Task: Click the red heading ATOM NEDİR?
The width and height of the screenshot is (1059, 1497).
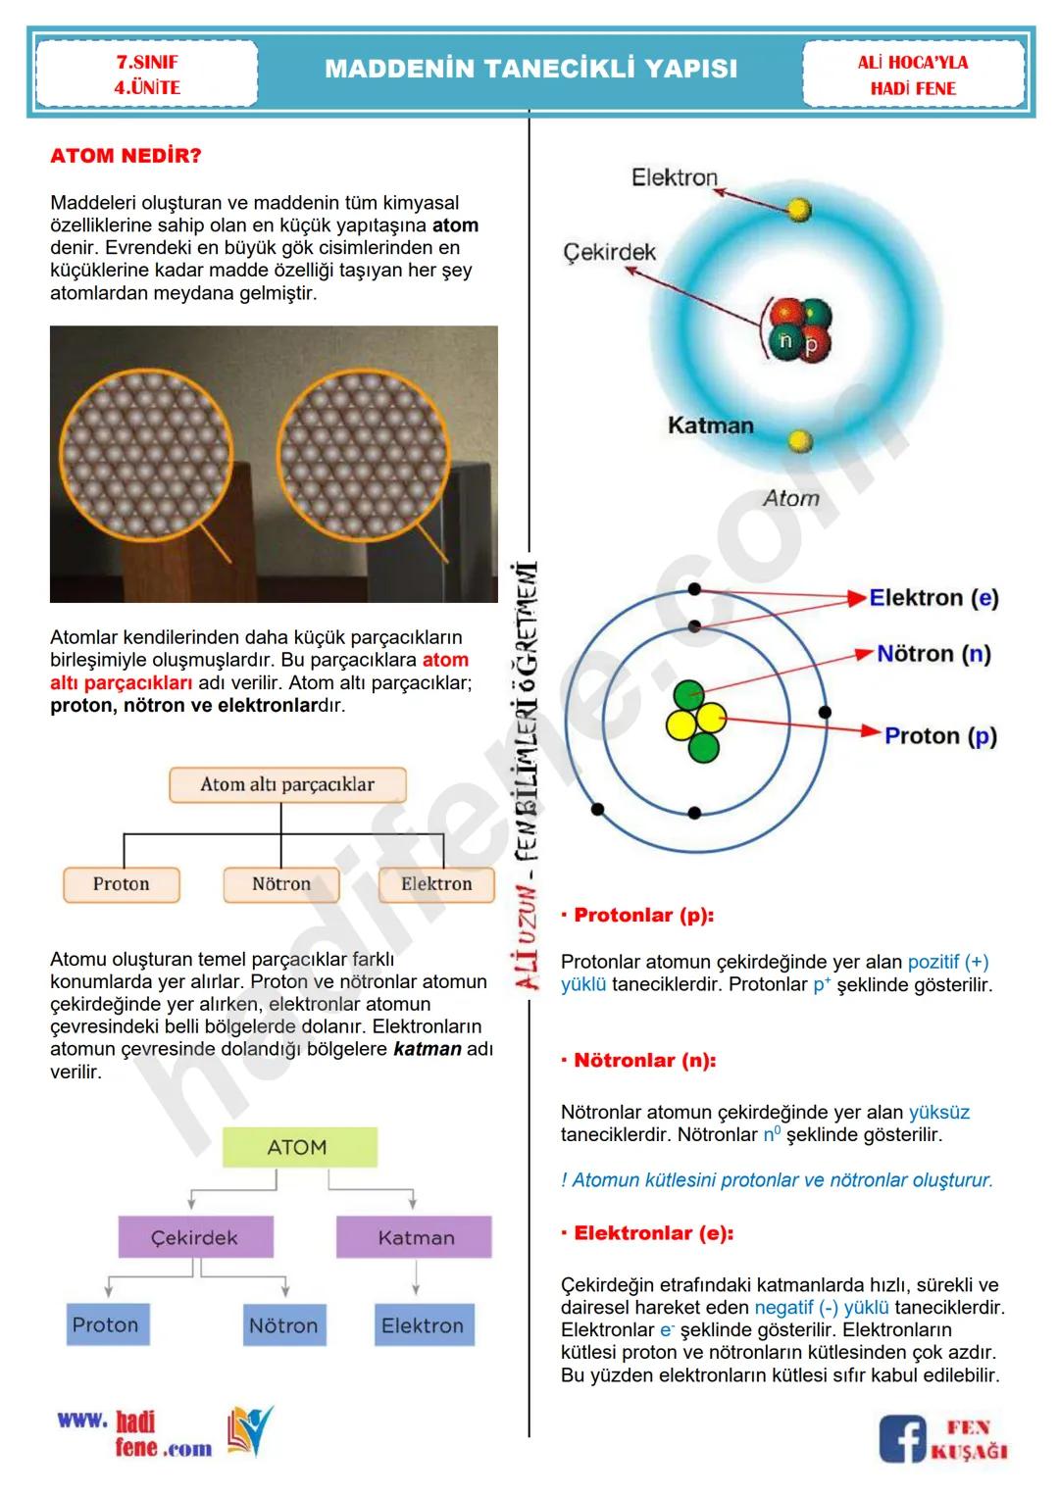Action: coord(126,156)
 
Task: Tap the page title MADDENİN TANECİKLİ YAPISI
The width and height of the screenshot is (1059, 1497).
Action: coord(530,69)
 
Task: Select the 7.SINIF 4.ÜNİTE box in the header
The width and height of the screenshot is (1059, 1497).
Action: coord(146,75)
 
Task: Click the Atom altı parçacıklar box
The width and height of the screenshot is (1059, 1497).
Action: coord(287,784)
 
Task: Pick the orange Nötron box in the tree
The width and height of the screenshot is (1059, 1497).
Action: coord(281,883)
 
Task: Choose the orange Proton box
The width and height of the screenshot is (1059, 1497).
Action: coord(122,883)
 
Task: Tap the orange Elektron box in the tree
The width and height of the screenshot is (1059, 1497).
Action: coord(436,883)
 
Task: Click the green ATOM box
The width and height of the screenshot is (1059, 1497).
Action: coord(298,1147)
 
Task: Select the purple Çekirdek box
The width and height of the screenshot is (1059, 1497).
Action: coord(194,1237)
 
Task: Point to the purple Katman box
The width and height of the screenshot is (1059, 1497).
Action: coord(416,1237)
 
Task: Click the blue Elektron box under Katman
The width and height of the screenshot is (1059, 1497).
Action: coord(423,1325)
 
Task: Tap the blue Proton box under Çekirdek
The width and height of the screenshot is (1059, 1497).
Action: coord(106,1324)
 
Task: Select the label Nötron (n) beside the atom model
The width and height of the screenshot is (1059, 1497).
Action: coord(933,654)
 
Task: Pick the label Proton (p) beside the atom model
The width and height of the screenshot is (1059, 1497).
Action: coord(940,736)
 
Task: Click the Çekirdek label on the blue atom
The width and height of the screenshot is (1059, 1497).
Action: coord(609,252)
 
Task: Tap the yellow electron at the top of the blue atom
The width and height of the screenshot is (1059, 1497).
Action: coord(800,209)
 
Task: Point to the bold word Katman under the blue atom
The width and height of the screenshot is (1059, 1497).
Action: coord(711,425)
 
